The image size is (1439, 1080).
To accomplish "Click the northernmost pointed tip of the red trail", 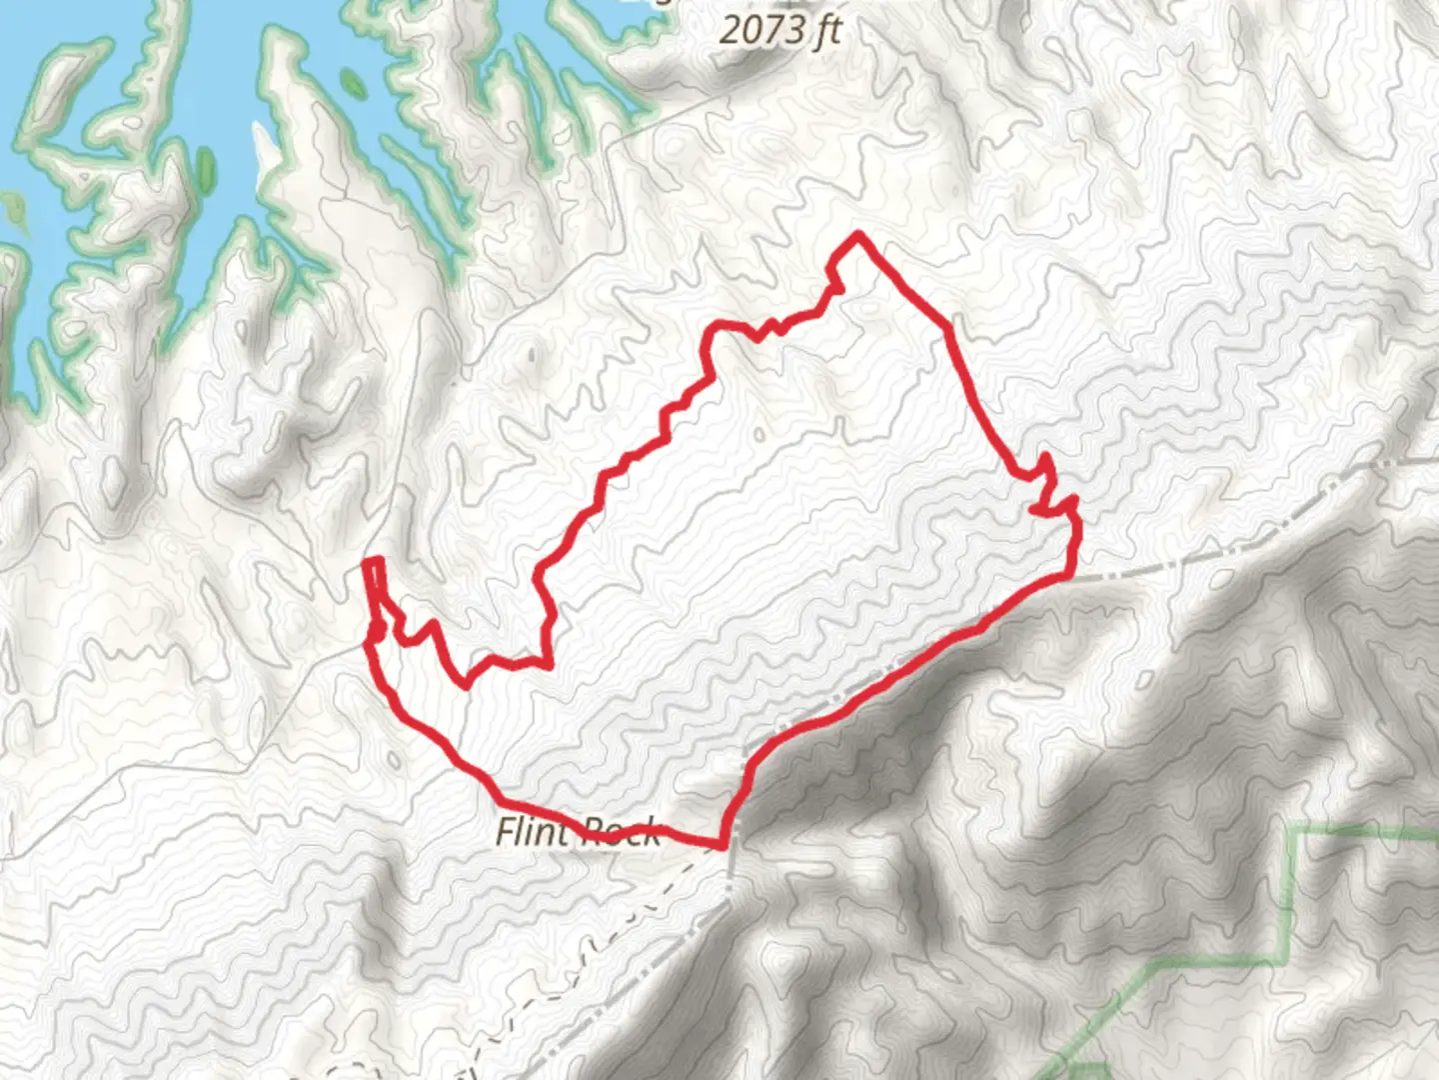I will pos(857,235).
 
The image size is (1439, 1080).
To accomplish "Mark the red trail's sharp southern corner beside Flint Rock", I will pos(721,846).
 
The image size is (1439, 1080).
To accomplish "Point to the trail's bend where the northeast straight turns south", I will pos(947,328).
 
